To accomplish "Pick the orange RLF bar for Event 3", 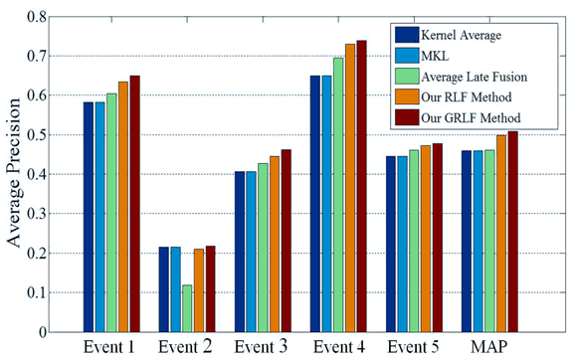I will click(274, 244).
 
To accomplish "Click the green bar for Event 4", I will click(337, 195).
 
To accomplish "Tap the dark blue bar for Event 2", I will click(164, 289).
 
